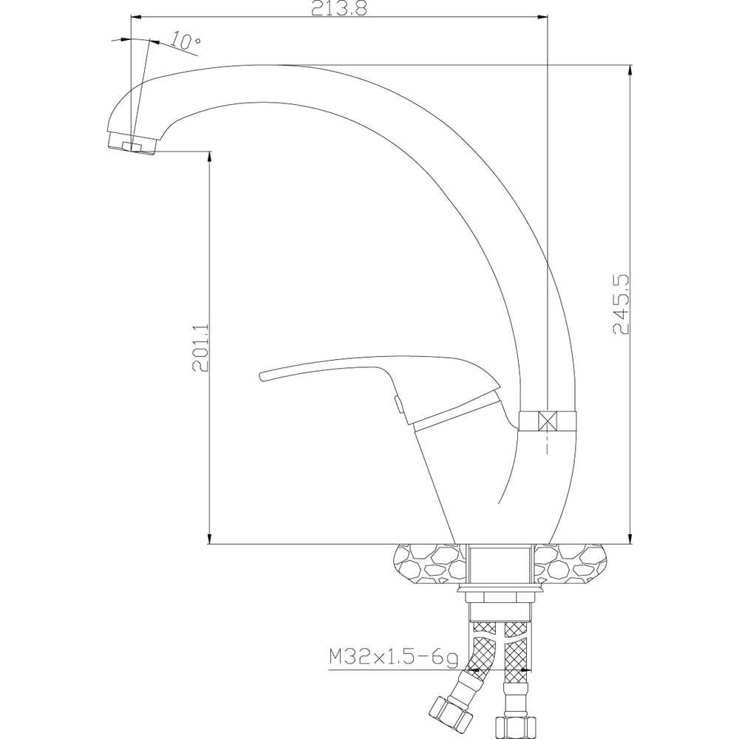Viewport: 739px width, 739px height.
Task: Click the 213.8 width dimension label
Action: coord(338,8)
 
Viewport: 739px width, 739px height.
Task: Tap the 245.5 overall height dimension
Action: coord(621,305)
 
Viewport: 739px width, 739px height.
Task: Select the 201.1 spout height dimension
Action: coord(200,348)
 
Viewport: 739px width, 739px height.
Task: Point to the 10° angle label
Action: coord(185,41)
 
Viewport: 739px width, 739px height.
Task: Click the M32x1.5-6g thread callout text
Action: coord(393,658)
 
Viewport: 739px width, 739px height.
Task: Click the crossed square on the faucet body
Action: coord(547,420)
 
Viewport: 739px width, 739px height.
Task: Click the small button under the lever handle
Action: coord(398,404)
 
